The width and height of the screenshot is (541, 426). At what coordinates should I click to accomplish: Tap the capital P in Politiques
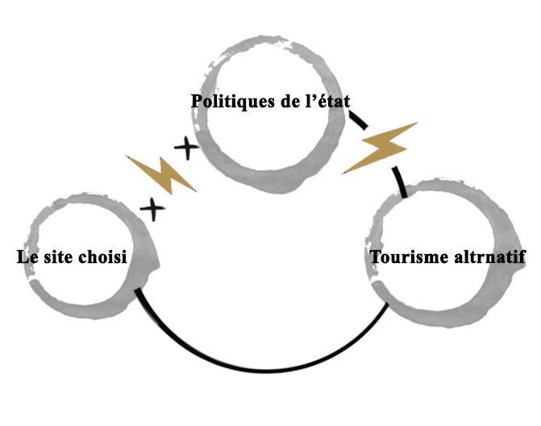pos(196,102)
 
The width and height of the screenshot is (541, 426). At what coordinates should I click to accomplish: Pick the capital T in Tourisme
pos(375,257)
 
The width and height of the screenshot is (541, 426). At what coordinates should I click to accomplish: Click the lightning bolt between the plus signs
pos(162,173)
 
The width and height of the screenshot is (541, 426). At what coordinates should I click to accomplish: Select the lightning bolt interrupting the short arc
pos(380,148)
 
